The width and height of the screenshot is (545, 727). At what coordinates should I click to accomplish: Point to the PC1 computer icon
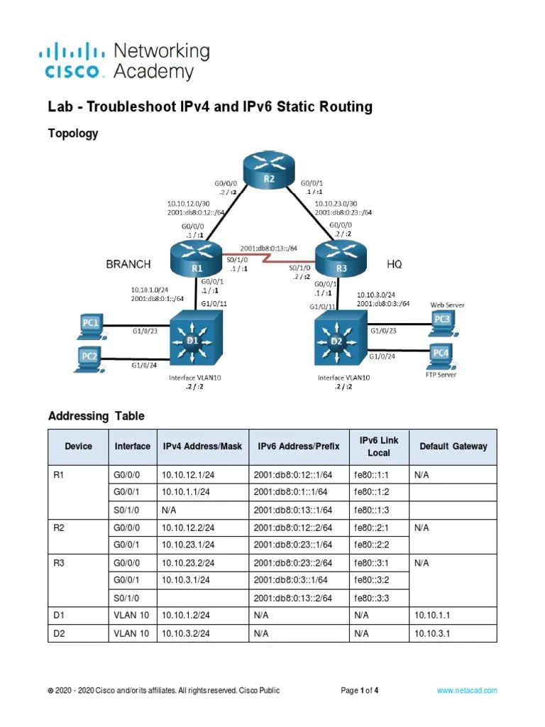point(89,326)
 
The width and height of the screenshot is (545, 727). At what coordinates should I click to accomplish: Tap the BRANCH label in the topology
point(128,264)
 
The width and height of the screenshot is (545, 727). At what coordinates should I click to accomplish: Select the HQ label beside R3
point(395,264)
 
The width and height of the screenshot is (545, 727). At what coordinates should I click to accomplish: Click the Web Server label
point(447,305)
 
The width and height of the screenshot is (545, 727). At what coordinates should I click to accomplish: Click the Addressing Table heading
point(96,416)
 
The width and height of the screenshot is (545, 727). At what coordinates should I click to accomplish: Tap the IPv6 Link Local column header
point(379,447)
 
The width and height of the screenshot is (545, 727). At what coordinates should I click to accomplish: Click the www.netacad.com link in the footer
point(466,690)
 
